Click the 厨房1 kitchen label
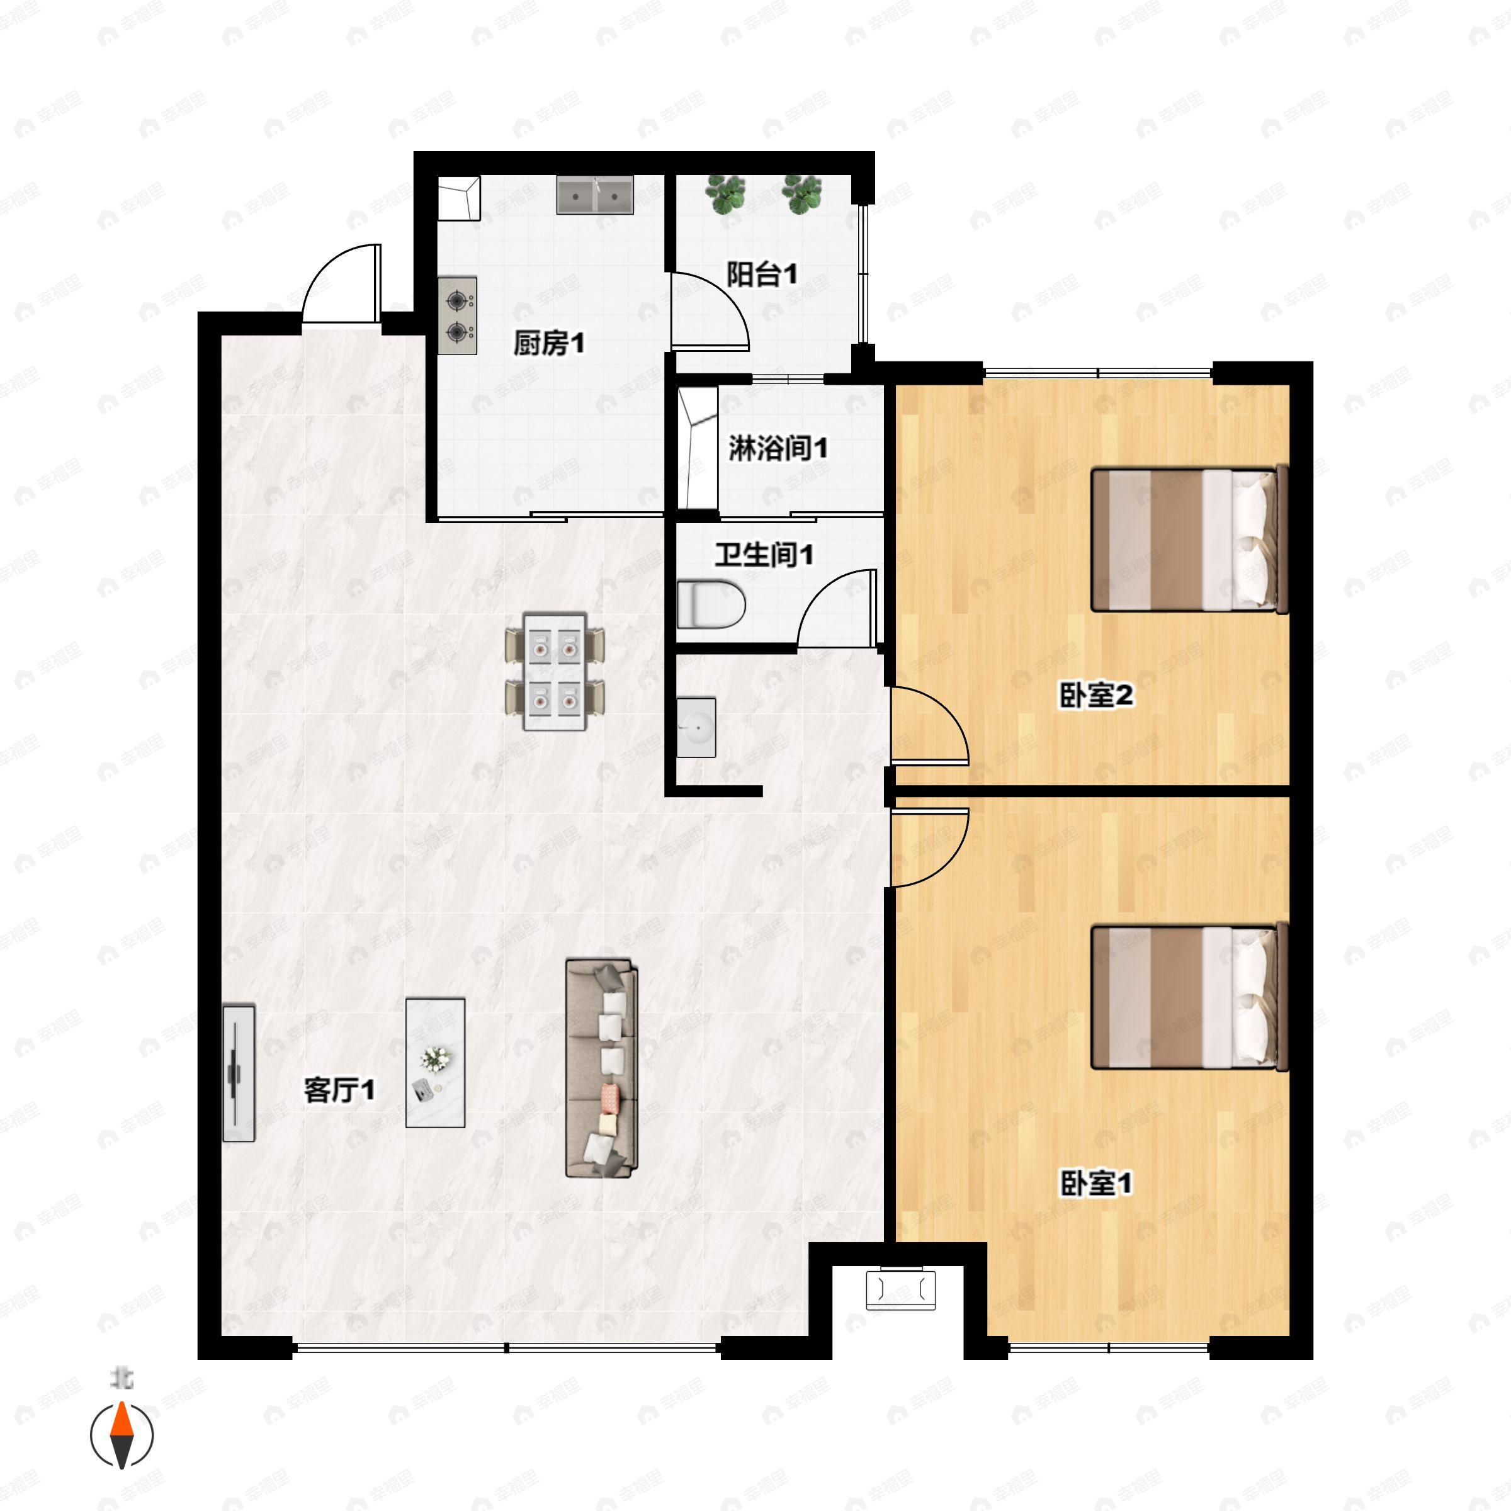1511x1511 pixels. click(x=548, y=342)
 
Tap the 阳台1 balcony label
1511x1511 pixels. click(x=762, y=274)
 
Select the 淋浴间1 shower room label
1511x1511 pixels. click(x=778, y=448)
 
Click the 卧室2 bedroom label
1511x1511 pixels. click(x=1095, y=694)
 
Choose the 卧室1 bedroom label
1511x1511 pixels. click(x=1095, y=1184)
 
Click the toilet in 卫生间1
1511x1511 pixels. click(x=710, y=604)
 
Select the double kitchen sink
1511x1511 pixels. click(x=594, y=195)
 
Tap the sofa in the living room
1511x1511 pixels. click(x=601, y=1068)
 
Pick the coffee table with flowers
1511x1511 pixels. click(x=436, y=1062)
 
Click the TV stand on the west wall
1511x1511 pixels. click(x=239, y=1073)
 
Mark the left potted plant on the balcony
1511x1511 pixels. click(x=725, y=194)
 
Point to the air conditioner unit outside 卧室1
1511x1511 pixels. click(x=900, y=1289)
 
